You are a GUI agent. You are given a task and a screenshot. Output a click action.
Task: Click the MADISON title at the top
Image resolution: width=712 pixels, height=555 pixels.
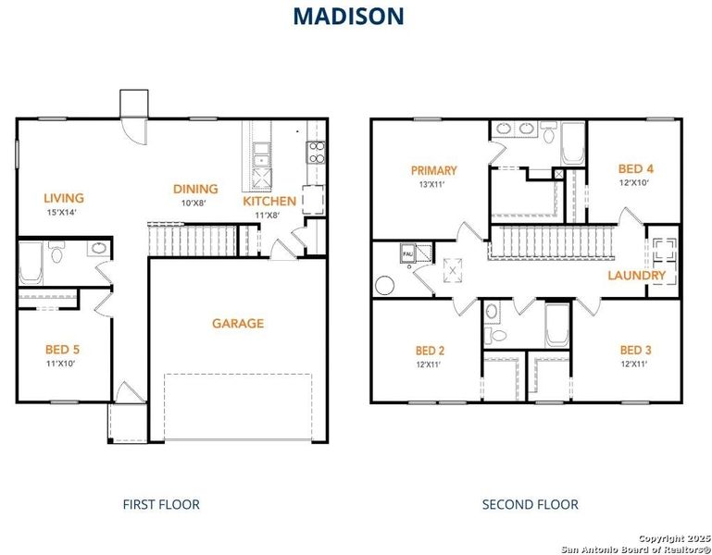(348, 16)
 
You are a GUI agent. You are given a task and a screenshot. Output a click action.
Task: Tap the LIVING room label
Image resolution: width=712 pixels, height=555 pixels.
(63, 198)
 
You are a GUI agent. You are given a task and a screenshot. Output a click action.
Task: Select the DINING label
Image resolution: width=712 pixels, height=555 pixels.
(195, 189)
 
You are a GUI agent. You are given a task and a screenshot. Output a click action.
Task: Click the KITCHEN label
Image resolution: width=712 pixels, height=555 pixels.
(269, 201)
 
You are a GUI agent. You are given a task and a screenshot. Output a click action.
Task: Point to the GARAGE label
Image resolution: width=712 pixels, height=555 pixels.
(238, 324)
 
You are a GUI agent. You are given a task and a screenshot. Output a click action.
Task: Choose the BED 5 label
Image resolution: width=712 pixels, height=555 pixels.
(62, 350)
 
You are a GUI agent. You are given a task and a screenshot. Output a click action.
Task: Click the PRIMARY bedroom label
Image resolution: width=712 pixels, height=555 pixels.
(434, 170)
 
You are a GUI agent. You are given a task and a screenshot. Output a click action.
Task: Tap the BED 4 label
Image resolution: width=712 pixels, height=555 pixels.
(636, 168)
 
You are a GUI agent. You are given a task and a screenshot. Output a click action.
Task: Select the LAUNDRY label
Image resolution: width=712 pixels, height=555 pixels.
(636, 276)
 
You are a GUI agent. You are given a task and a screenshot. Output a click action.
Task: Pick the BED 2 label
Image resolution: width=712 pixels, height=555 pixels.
(430, 351)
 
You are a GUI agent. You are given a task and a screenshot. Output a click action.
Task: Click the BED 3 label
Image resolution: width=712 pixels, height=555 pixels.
(635, 350)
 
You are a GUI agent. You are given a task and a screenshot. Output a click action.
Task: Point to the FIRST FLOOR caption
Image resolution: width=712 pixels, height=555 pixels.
(161, 504)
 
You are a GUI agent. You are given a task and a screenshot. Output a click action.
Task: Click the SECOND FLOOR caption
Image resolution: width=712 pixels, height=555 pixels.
(530, 504)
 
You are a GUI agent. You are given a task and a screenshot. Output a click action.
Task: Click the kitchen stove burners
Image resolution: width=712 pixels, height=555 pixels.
(317, 152)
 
